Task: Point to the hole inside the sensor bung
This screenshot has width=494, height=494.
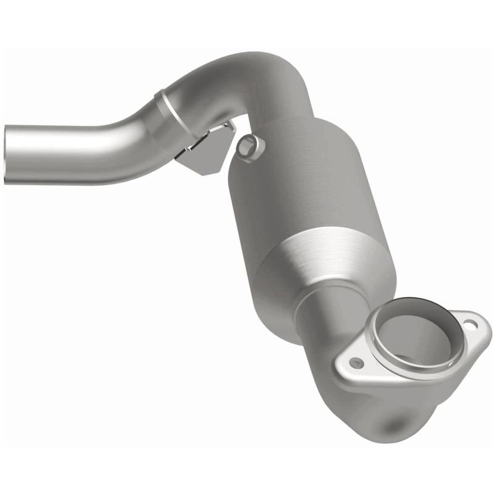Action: point(247,147)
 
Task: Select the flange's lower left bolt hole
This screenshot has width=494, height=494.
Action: point(356,363)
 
